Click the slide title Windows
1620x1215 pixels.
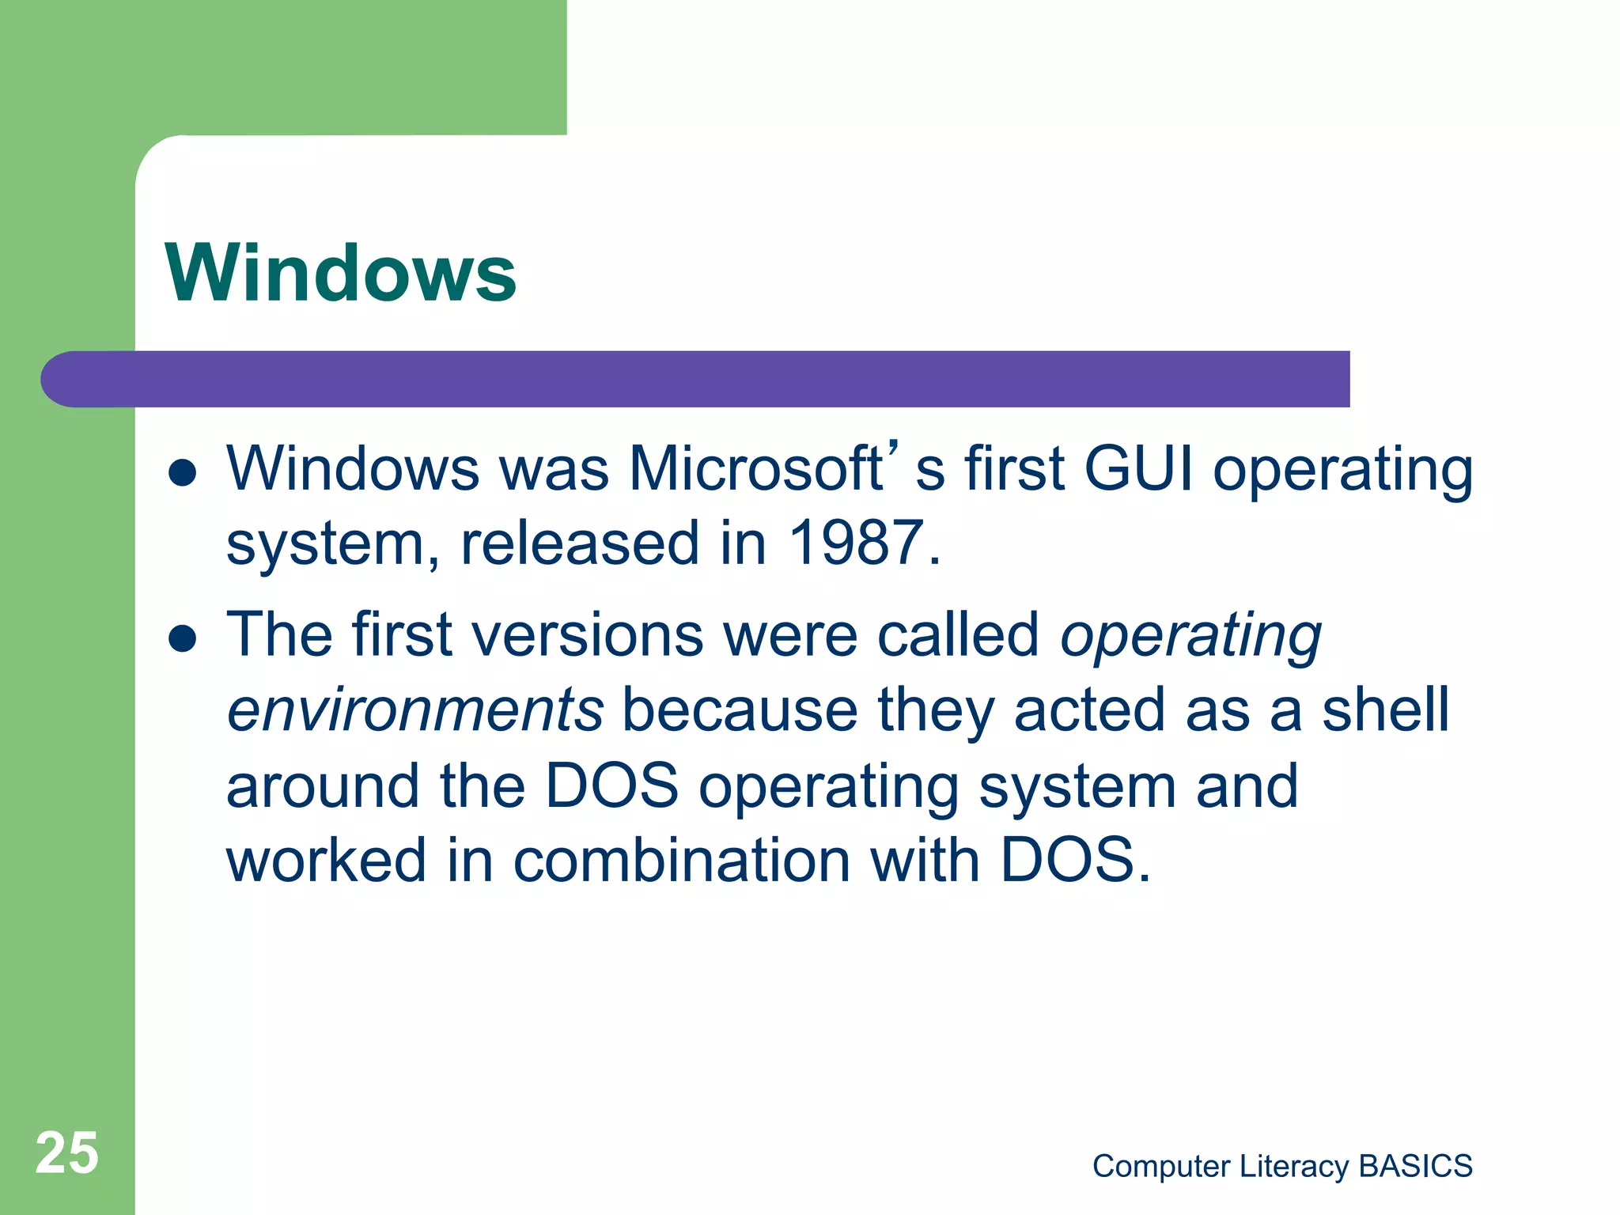pos(340,273)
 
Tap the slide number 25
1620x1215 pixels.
pos(67,1153)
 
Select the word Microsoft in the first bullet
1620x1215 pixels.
pos(755,469)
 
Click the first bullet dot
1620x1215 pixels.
pos(183,473)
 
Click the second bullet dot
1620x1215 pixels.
pos(183,638)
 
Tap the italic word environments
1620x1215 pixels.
pos(414,710)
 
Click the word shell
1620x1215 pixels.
pos(1385,710)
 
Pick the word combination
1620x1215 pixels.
pos(681,861)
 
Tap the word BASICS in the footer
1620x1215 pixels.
pos(1415,1166)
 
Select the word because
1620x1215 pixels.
pos(740,710)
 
